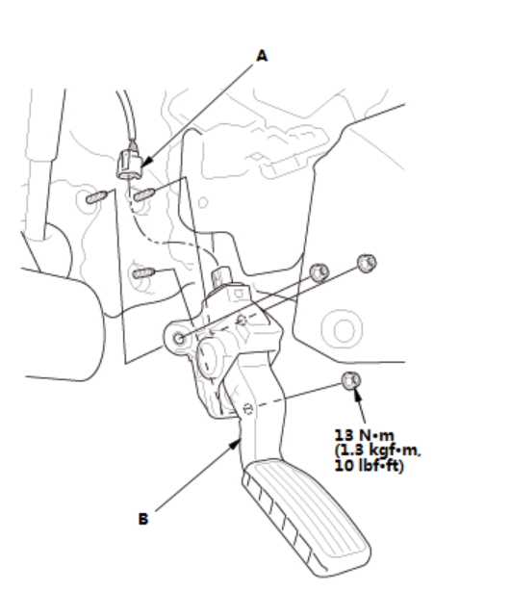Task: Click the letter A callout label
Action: (262, 56)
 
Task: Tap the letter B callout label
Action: (143, 519)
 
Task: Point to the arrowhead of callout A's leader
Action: (147, 162)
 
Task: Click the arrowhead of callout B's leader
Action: (235, 444)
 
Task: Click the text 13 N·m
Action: (364, 435)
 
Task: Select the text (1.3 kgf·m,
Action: (377, 450)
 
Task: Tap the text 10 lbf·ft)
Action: (370, 466)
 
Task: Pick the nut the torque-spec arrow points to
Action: (351, 380)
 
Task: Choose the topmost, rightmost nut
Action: (367, 263)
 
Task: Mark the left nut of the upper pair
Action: (319, 271)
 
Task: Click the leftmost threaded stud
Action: (97, 197)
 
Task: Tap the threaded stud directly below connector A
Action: (144, 194)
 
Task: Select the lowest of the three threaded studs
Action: (144, 272)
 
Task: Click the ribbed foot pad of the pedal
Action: (306, 517)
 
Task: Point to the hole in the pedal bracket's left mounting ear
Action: (179, 338)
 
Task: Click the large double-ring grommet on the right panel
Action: (343, 329)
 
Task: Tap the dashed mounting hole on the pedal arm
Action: (248, 409)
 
